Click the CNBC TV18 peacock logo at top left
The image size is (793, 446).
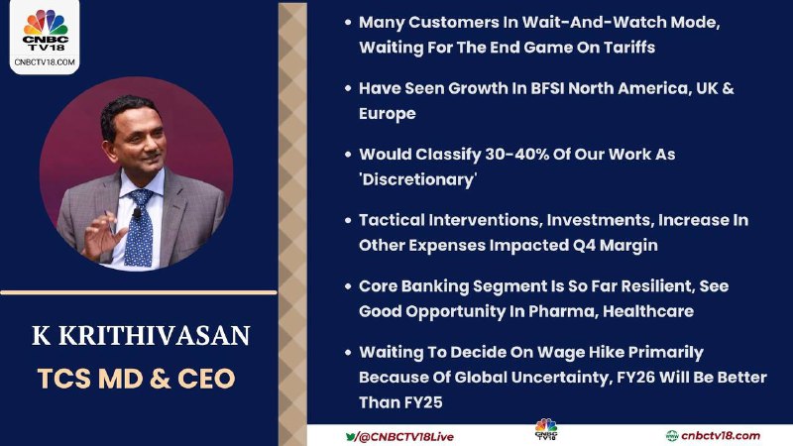pos(45,30)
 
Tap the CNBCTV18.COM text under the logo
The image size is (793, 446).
pos(45,62)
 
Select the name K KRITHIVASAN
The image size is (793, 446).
pos(141,335)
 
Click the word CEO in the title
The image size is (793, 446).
pos(206,379)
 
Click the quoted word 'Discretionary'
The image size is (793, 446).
pos(417,179)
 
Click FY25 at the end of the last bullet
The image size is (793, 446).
pos(423,402)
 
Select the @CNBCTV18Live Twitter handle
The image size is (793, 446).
pos(400,436)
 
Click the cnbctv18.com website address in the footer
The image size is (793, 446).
pos(713,435)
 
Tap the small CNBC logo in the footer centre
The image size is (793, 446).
pos(546,429)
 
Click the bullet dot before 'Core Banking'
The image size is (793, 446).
pos(348,286)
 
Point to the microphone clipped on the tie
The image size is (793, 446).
pos(137,213)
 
